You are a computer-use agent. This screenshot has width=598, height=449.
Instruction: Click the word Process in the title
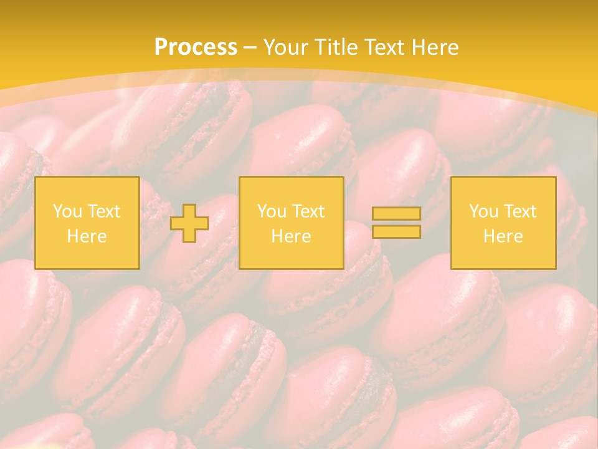(x=196, y=47)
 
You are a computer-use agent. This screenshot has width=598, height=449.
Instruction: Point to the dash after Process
(x=250, y=48)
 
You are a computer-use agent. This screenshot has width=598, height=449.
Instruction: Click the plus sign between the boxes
(x=189, y=223)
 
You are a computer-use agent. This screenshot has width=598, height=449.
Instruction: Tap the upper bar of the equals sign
(x=396, y=213)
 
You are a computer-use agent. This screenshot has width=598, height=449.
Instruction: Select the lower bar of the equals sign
(x=396, y=232)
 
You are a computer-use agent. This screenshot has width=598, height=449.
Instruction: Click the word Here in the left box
(x=87, y=236)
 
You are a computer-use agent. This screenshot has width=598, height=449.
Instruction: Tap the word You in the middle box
(x=272, y=211)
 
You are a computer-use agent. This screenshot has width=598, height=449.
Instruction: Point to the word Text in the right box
(x=520, y=211)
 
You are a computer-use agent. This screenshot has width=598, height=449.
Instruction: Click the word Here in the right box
(x=503, y=236)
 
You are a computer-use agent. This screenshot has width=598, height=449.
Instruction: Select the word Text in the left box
(x=103, y=211)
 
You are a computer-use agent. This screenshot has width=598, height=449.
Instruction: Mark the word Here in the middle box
(x=291, y=236)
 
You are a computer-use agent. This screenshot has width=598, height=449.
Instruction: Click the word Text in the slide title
(x=384, y=47)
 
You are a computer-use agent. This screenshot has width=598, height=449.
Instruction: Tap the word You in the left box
(x=67, y=211)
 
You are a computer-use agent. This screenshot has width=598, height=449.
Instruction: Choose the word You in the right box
(x=483, y=211)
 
